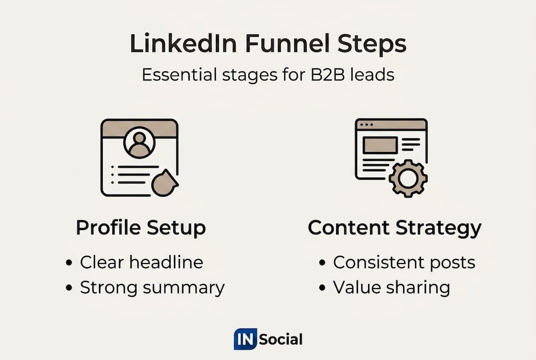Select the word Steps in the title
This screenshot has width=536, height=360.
pyautogui.click(x=372, y=44)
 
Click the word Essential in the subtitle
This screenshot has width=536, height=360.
pyautogui.click(x=179, y=74)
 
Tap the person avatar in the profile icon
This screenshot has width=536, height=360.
pyautogui.click(x=139, y=142)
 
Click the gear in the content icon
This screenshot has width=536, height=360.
pyautogui.click(x=408, y=178)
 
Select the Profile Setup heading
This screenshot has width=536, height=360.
pyautogui.click(x=141, y=228)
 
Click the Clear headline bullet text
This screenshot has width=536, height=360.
pyautogui.click(x=141, y=262)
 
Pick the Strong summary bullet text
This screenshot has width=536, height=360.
pyautogui.click(x=152, y=287)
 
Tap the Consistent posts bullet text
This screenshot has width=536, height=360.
pyautogui.click(x=404, y=262)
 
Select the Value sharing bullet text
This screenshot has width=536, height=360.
pyautogui.click(x=392, y=287)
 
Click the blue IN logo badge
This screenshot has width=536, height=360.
pyautogui.click(x=245, y=339)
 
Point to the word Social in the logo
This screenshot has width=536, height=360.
pyautogui.click(x=281, y=339)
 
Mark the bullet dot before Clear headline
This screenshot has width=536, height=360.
pyautogui.click(x=69, y=263)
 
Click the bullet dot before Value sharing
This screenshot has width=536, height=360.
pyautogui.click(x=322, y=287)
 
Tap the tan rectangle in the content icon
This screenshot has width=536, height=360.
pyautogui.click(x=380, y=145)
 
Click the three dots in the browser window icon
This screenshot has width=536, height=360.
pyautogui.click(x=367, y=124)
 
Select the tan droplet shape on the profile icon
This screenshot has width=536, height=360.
pyautogui.click(x=164, y=182)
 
